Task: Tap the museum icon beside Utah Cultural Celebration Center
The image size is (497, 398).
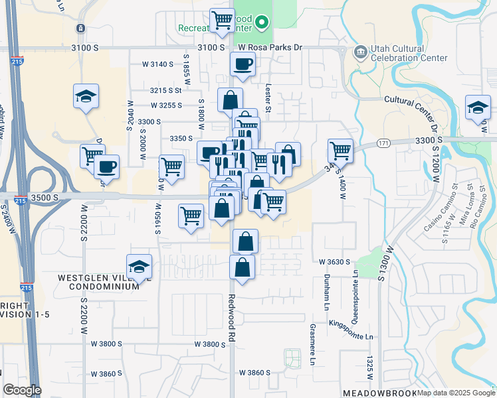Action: tap(360, 51)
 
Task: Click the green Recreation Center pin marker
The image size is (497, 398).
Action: tap(262, 24)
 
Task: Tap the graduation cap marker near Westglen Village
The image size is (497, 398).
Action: tap(139, 267)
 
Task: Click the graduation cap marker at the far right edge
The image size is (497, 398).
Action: tap(478, 107)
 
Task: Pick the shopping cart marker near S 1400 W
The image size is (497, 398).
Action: tap(340, 150)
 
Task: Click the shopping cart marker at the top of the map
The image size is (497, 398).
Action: tap(222, 19)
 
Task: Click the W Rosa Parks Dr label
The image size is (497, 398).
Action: tap(270, 47)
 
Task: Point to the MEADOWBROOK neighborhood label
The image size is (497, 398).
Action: tap(379, 393)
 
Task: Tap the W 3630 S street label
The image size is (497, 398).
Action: tap(334, 262)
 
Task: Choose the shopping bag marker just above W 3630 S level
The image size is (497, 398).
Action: tap(245, 241)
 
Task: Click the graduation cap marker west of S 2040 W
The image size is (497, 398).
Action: tap(86, 97)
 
